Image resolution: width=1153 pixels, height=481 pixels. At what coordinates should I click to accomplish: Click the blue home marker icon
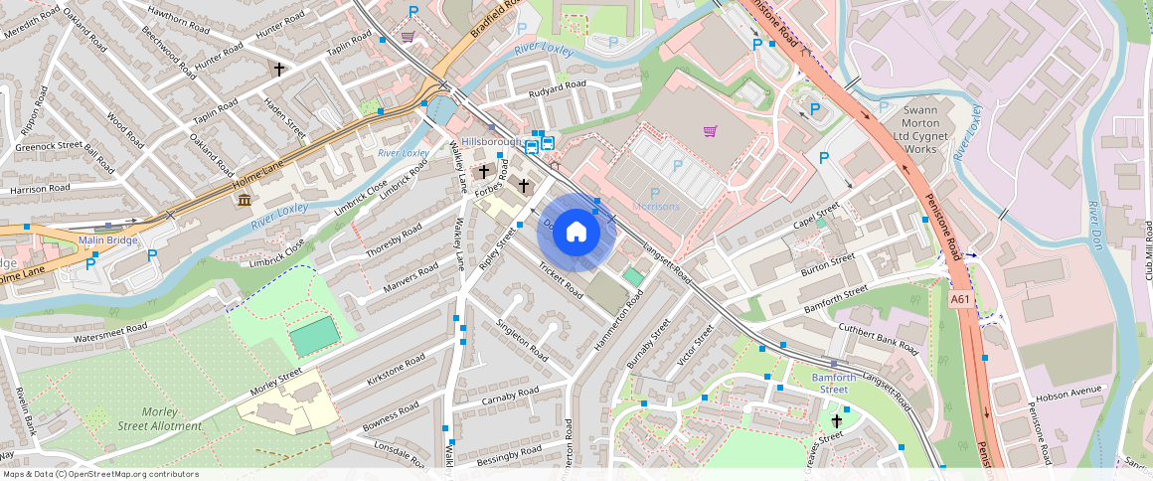(x=576, y=232)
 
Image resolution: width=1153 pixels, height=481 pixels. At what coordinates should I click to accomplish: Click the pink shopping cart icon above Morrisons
(x=710, y=131)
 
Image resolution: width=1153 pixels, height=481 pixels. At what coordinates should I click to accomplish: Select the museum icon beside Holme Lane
(x=244, y=202)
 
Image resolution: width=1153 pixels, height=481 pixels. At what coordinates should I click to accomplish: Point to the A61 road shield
(x=960, y=298)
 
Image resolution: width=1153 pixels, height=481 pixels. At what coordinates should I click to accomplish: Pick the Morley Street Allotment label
(x=157, y=418)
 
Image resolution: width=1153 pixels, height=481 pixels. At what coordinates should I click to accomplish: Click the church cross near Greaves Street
(x=836, y=421)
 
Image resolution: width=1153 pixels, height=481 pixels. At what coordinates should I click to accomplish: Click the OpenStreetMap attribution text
(x=100, y=474)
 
